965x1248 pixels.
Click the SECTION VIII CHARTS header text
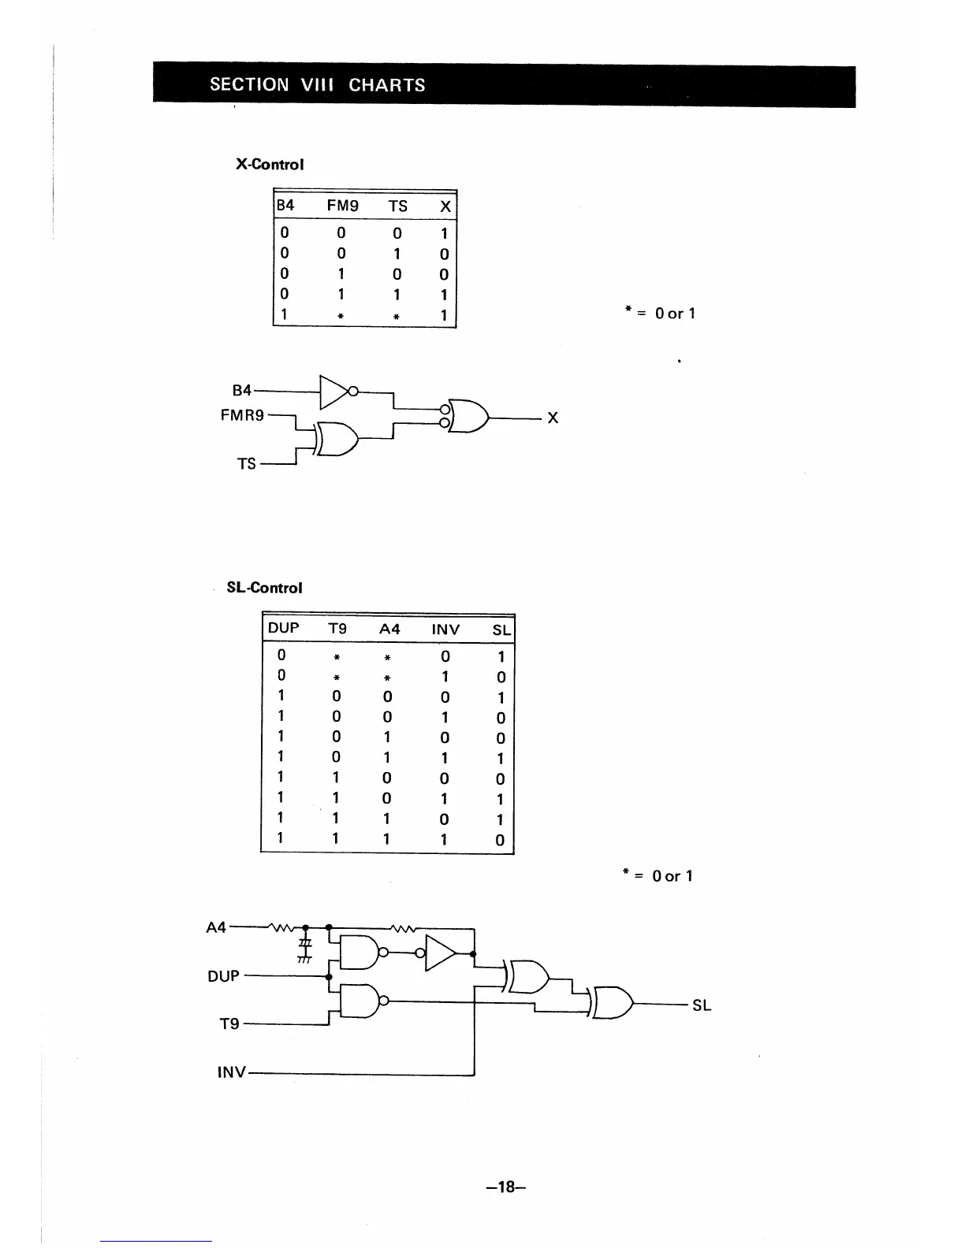coord(317,85)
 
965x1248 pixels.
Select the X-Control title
coord(270,165)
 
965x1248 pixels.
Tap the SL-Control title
coord(264,588)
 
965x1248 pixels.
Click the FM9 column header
coord(342,206)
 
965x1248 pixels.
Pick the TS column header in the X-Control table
coord(398,206)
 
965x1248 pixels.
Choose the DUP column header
coord(284,628)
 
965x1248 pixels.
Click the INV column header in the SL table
coord(445,629)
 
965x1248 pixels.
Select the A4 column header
coord(389,629)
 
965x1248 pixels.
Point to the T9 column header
coord(337,629)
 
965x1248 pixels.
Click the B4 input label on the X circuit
coord(241,390)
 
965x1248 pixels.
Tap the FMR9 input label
coord(242,414)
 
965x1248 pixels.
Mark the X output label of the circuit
coord(553,418)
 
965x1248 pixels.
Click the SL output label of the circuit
coord(702,1005)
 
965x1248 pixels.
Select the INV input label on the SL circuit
coord(231,1072)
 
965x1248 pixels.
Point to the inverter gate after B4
coord(334,391)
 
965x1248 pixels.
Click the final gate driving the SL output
coord(613,1003)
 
